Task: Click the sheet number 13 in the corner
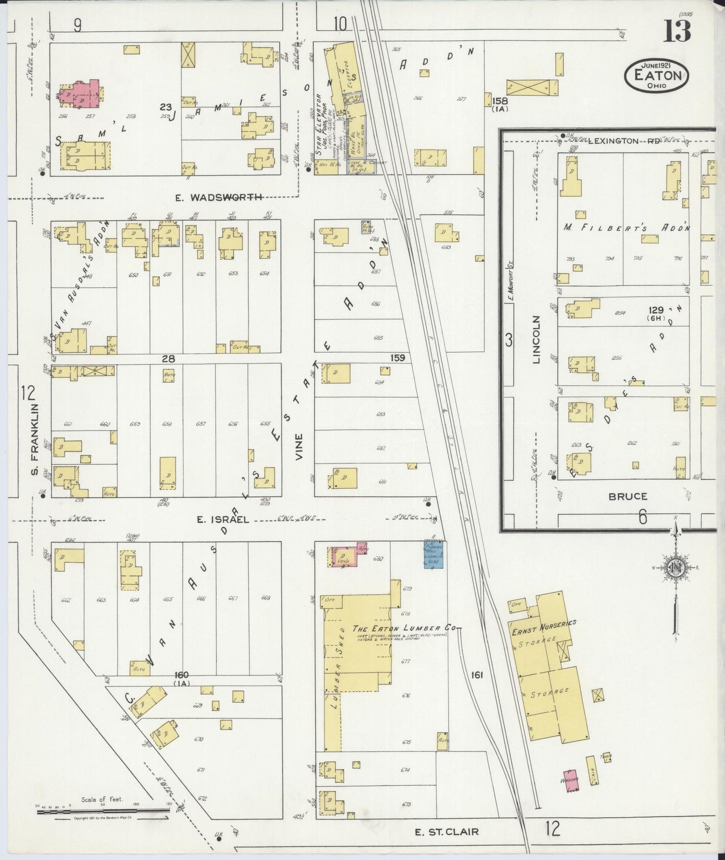pyautogui.click(x=677, y=31)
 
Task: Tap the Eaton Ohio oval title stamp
pyautogui.click(x=657, y=76)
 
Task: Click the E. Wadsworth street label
pyautogui.click(x=219, y=198)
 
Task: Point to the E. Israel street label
pyautogui.click(x=223, y=520)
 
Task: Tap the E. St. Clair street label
pyautogui.click(x=447, y=832)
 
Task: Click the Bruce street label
pyautogui.click(x=628, y=496)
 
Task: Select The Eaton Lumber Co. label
pyautogui.click(x=406, y=628)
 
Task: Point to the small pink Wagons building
pyautogui.click(x=569, y=780)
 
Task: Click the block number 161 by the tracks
pyautogui.click(x=477, y=675)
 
